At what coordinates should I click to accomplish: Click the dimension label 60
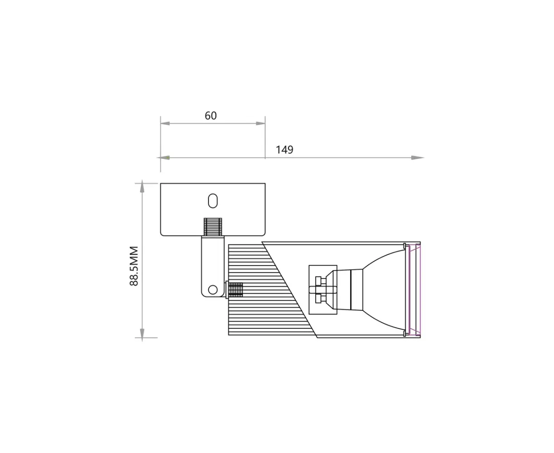[x=210, y=116]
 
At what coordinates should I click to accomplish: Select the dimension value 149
[x=284, y=150]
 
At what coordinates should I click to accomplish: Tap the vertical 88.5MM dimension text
[x=134, y=266]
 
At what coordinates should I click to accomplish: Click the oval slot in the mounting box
[x=213, y=201]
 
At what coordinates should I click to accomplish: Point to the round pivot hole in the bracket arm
[x=213, y=290]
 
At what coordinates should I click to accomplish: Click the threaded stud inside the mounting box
[x=213, y=227]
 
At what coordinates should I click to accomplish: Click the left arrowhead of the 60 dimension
[x=165, y=124]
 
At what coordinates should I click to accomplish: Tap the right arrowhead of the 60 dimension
[x=260, y=124]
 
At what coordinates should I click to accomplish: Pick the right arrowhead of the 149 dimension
[x=417, y=158]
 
